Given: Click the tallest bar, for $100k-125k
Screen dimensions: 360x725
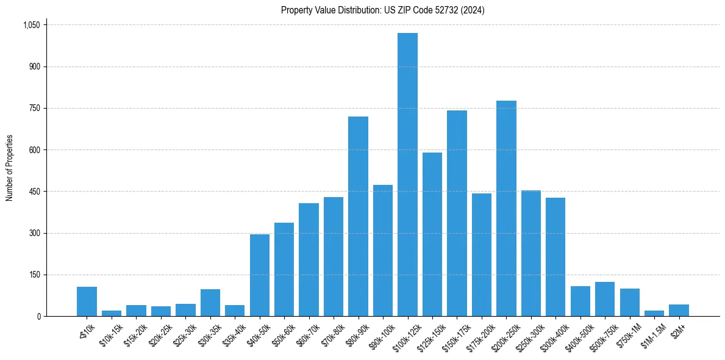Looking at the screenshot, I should click(x=407, y=175).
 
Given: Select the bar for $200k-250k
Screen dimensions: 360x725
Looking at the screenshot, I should click(x=506, y=209).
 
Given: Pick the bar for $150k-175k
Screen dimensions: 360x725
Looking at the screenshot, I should click(x=457, y=214).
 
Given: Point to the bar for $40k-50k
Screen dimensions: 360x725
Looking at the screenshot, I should click(x=260, y=275).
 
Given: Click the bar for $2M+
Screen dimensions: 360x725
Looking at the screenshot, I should click(x=679, y=310).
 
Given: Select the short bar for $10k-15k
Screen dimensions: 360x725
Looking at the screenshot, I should click(x=112, y=313).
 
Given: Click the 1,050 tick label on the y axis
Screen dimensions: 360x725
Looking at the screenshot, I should click(x=32, y=25).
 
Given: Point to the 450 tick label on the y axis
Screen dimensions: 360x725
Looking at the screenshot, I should click(x=35, y=192).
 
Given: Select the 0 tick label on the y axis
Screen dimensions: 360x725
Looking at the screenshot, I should click(x=38, y=317).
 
